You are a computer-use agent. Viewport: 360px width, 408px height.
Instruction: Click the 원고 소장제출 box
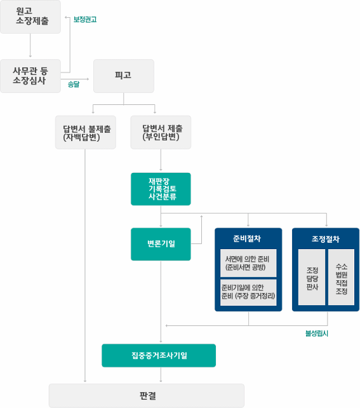(30, 17)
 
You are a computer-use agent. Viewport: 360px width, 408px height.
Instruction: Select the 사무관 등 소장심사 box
(30, 76)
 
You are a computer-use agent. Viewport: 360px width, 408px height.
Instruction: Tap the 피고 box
(124, 76)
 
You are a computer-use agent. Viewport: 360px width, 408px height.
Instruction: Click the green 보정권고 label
(85, 20)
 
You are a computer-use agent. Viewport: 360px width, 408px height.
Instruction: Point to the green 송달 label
(74, 85)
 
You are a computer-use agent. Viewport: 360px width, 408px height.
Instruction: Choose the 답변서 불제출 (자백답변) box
(86, 132)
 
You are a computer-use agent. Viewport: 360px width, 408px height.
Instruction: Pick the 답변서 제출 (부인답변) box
(161, 132)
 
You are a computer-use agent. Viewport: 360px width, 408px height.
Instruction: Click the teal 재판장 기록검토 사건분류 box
(161, 189)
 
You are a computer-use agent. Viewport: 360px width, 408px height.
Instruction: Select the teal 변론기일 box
(161, 244)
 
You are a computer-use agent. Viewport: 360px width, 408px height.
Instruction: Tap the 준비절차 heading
(247, 238)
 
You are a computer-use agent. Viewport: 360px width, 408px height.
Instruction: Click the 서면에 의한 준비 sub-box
(248, 263)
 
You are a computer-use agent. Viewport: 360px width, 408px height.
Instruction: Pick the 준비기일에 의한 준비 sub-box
(248, 292)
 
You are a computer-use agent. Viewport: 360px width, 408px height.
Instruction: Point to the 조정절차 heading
(326, 239)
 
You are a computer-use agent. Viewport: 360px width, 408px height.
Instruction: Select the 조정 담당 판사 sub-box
(312, 277)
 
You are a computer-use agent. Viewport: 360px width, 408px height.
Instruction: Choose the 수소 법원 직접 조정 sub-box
(342, 277)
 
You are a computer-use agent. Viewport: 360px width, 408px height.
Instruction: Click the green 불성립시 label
(317, 333)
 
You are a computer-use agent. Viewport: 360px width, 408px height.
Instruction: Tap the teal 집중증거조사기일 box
(159, 355)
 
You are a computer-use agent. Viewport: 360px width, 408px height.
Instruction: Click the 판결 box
(147, 395)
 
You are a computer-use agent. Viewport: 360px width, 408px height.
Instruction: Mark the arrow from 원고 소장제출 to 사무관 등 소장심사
(30, 45)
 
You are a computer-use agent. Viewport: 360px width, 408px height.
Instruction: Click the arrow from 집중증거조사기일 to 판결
(161, 375)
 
